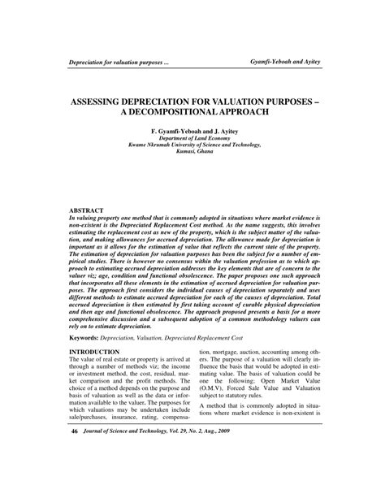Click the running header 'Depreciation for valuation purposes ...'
(119, 64)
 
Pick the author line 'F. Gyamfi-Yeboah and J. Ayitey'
(192, 130)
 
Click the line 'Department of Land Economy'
(192, 138)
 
